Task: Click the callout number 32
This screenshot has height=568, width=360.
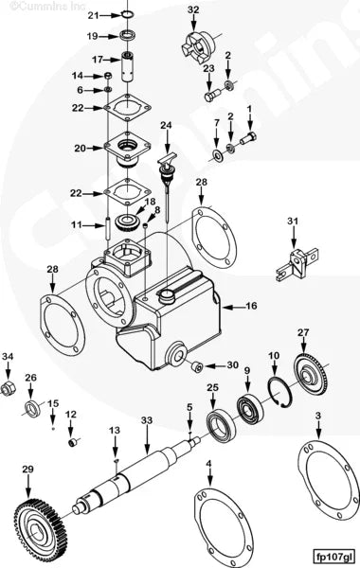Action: [x=193, y=10]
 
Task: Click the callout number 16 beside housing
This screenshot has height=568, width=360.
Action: [x=251, y=307]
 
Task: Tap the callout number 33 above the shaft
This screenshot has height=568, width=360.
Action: [x=147, y=419]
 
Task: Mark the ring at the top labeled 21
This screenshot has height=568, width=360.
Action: [x=129, y=15]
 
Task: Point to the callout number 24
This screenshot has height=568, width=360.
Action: [x=166, y=125]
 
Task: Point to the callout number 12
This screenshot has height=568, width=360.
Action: [x=71, y=414]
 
